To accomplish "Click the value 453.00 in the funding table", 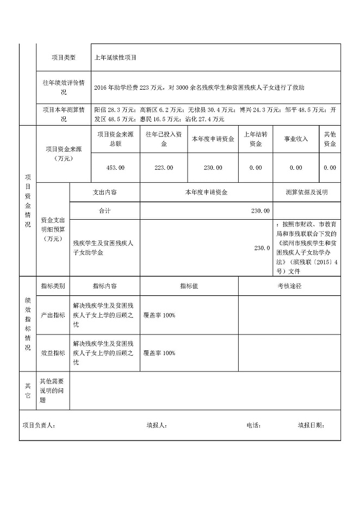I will point(116,167).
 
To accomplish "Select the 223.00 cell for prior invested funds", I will point(164,167).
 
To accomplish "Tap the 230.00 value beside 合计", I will point(260,210).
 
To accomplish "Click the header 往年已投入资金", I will point(164,139).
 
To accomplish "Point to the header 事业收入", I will point(296,139).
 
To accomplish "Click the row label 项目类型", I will point(64,57).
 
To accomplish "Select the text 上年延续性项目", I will point(116,57).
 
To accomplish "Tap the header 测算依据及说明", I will point(307,192).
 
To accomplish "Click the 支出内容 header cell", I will point(105,192).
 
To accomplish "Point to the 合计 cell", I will point(105,210).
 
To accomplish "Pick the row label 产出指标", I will point(53,315).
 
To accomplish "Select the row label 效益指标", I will point(53,353).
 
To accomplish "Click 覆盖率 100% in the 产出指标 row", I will point(159,315).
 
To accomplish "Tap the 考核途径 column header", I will point(289,285).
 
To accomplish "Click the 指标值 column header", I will point(189,285).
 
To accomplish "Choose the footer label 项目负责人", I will point(38,425).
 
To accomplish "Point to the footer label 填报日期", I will point(311,425).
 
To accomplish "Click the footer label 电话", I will point(254,425).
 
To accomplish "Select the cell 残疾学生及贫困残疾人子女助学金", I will point(103,248).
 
